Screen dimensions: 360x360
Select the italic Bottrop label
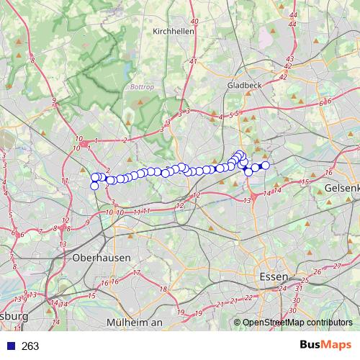coord(142,87)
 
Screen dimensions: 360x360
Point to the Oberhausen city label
coord(102,257)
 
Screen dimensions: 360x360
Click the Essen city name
coord(274,276)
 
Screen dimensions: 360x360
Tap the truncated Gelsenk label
coord(342,186)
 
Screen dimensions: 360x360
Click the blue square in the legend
coord(12,346)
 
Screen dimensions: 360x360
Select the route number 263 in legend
coord(30,346)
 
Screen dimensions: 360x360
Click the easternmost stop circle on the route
coord(265,166)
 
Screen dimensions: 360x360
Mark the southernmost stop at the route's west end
coord(94,186)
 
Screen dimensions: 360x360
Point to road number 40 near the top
coord(194,22)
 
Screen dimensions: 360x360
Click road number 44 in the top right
coord(292,14)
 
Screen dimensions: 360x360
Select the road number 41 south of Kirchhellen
coord(193,62)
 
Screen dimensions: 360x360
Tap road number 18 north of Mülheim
coord(163,289)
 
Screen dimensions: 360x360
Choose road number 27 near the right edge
coord(338,266)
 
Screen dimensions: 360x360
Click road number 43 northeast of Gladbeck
coord(289,58)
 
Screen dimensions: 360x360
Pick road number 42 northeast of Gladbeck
coord(286,66)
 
